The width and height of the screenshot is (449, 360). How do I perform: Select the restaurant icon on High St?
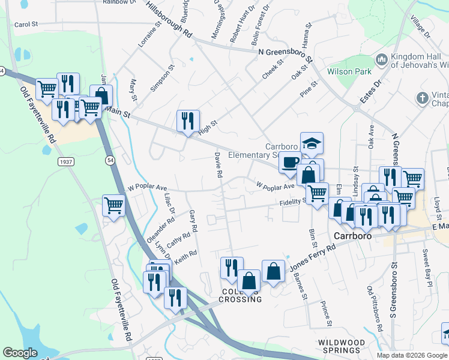[188, 121]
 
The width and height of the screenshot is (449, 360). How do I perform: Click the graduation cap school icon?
[312, 143]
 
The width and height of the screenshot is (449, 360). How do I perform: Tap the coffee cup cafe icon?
[290, 161]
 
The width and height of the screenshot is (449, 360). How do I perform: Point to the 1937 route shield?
[66, 162]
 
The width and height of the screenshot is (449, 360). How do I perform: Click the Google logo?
[20, 352]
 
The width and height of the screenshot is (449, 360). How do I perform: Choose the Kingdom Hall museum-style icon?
[381, 60]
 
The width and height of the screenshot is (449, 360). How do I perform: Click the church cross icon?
[423, 97]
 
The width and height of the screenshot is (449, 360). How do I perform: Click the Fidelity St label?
[293, 203]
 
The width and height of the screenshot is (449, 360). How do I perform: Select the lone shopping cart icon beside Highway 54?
[113, 206]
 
